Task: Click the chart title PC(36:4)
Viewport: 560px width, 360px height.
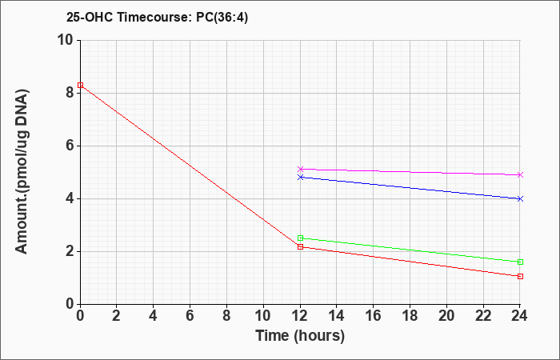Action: coord(222,17)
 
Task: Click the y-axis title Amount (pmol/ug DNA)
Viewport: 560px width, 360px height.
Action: coord(22,172)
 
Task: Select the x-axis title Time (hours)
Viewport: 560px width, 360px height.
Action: coord(300,336)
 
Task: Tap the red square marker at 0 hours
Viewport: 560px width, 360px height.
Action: coord(80,85)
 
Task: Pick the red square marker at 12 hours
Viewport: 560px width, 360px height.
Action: coord(300,246)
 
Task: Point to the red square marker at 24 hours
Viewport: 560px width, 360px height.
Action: coord(520,277)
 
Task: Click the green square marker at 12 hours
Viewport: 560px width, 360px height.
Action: coord(300,238)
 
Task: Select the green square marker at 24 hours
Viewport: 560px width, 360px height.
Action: coord(520,262)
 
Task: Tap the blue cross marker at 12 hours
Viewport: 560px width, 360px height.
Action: coord(300,177)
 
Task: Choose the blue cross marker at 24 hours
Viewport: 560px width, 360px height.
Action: coord(520,199)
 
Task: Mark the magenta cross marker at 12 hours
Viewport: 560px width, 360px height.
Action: coord(300,169)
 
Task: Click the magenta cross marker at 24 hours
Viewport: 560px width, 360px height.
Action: coord(520,174)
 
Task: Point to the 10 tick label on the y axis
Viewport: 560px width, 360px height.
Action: coord(66,40)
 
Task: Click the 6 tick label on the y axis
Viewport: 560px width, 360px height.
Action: coord(70,146)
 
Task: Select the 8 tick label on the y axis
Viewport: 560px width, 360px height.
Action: coord(70,93)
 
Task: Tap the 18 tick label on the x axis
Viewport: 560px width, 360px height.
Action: coord(410,316)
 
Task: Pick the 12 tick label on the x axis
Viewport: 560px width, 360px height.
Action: coord(300,316)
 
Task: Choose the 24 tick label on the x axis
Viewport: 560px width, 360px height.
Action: coord(519,316)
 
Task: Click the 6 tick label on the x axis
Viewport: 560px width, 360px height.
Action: coord(190,316)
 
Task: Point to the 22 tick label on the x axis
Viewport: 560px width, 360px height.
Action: coord(483,316)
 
